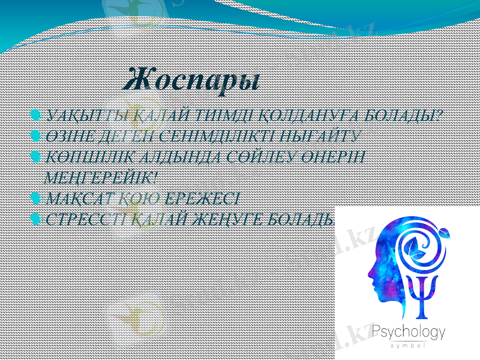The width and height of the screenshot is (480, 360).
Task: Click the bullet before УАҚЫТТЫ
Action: pos(35,115)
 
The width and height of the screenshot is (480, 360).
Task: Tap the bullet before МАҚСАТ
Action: pos(35,197)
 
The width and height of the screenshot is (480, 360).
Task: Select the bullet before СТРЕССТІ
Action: pos(35,219)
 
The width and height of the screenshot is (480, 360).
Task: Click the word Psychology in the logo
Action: pos(409,332)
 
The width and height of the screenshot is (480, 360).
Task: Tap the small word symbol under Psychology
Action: pos(409,346)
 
